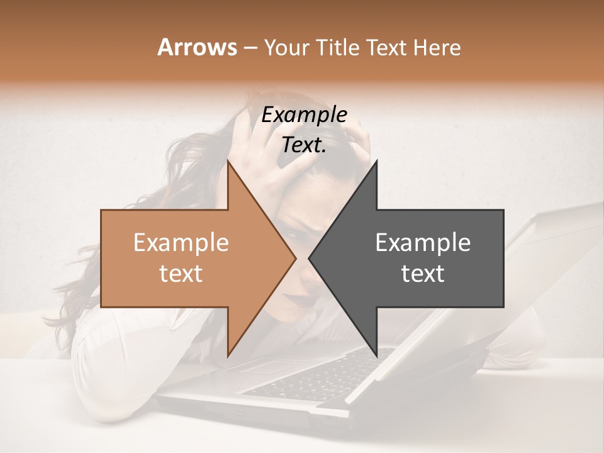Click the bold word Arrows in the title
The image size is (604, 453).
(197, 47)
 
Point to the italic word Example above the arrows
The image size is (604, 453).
(304, 115)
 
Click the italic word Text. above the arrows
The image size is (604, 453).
(304, 145)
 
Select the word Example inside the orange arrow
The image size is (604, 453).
(181, 243)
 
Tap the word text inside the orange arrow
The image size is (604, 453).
(181, 274)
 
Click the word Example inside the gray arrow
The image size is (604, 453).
(423, 243)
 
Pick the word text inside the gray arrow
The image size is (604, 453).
(423, 274)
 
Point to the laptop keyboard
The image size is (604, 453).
(315, 377)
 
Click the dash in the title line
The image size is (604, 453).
(250, 48)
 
